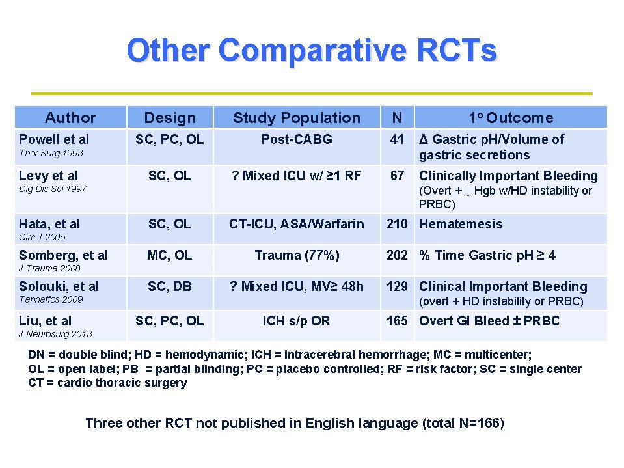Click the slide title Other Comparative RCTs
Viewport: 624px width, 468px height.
[x=312, y=50]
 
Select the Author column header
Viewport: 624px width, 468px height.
[x=70, y=118]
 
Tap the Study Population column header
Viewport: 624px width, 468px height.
[x=296, y=118]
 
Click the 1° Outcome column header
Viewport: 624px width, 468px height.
[x=511, y=118]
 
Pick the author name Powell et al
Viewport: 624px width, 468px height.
[x=54, y=139]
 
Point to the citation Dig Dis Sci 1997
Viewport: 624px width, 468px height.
[x=53, y=189]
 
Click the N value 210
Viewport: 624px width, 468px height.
[x=397, y=224]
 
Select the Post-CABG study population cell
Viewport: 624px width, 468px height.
[x=297, y=139]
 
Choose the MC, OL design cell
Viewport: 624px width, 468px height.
[x=169, y=255]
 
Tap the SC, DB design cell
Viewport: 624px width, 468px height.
[x=169, y=286]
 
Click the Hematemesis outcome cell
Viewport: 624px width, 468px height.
[x=461, y=224]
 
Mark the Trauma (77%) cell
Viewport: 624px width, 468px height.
[x=297, y=255]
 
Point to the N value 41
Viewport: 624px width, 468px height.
[x=397, y=139]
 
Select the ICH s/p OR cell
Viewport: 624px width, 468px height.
[x=296, y=321]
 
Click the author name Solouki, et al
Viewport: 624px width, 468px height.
[x=59, y=286]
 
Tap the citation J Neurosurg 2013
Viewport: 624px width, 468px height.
[x=55, y=334]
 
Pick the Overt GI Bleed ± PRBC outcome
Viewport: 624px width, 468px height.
[x=489, y=321]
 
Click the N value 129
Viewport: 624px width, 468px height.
[x=397, y=286]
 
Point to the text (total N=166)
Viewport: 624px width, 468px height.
[x=463, y=423]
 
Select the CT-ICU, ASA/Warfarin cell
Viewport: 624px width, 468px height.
[x=296, y=224]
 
